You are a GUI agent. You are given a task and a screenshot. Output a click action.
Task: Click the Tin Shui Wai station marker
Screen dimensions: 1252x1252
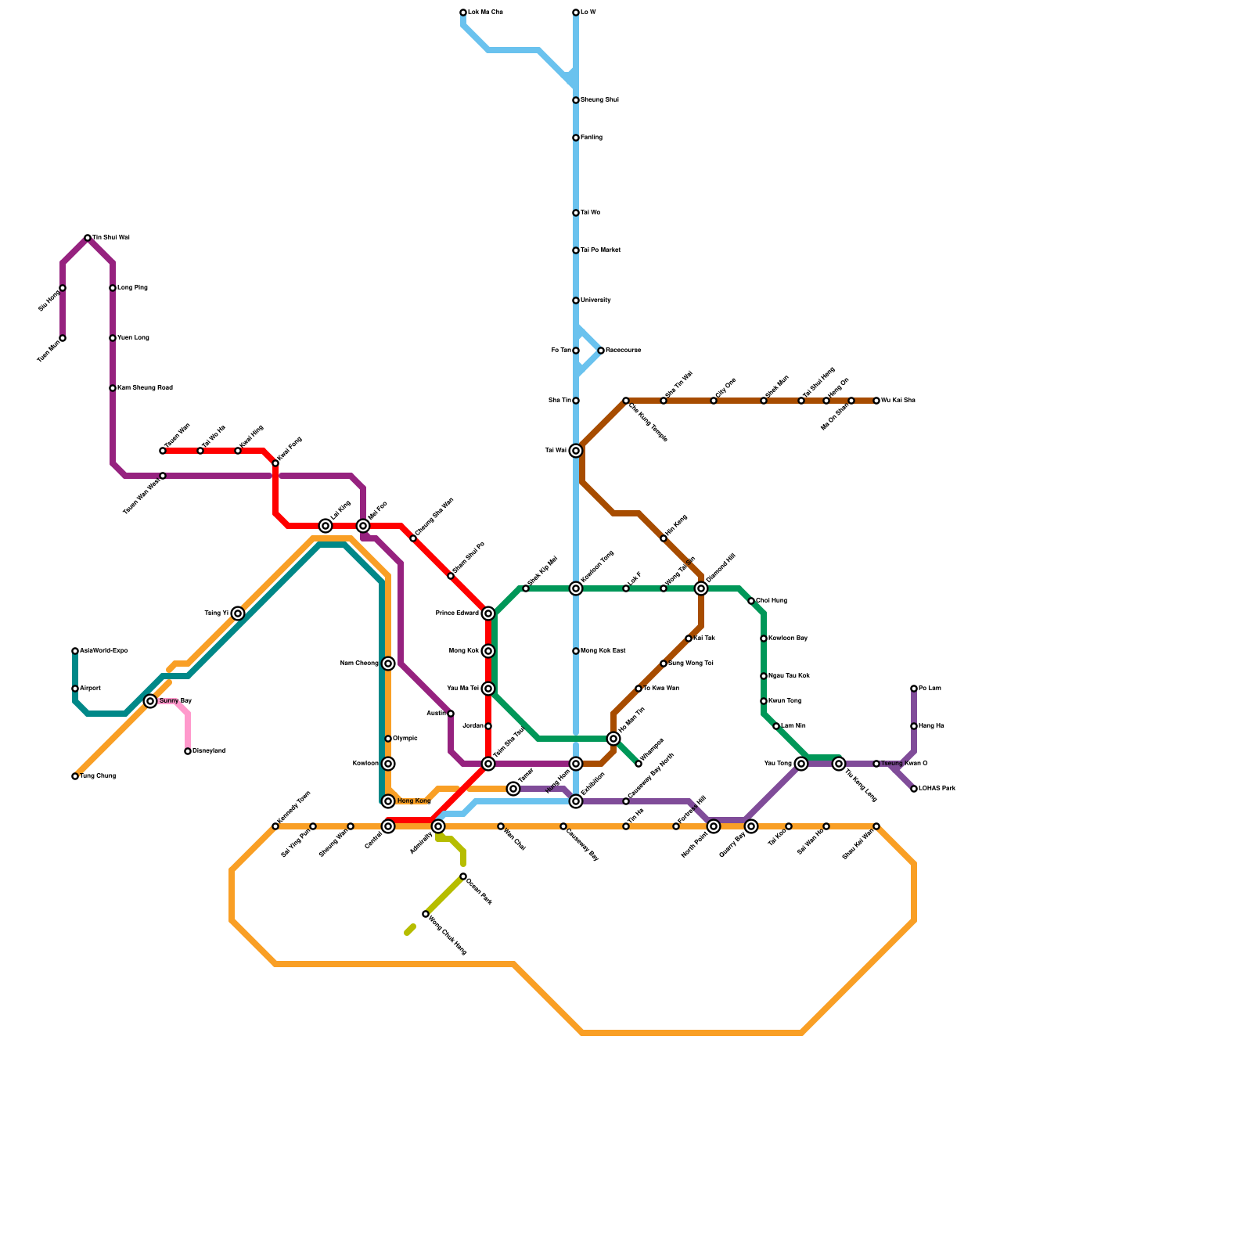(x=88, y=238)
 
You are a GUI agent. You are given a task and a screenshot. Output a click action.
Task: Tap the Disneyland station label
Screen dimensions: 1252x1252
(x=209, y=751)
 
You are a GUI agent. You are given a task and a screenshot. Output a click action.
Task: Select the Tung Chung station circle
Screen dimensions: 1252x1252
(x=75, y=776)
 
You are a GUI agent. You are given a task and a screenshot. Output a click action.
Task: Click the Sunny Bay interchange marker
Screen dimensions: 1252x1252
(x=150, y=701)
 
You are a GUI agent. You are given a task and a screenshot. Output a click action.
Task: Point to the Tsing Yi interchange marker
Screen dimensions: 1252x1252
(x=238, y=613)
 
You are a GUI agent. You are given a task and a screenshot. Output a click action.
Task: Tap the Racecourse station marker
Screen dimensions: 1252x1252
(x=601, y=351)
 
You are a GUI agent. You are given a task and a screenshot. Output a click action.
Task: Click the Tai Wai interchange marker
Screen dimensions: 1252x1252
(x=576, y=451)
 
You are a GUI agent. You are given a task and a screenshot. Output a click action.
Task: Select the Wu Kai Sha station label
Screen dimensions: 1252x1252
(x=898, y=401)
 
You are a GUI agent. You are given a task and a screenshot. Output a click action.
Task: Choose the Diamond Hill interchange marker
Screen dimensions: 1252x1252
(x=701, y=588)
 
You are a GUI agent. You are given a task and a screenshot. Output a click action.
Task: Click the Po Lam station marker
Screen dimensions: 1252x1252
(x=914, y=689)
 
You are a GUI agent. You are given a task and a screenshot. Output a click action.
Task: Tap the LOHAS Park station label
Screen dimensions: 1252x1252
(x=937, y=789)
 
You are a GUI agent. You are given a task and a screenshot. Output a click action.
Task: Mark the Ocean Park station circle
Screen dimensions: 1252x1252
(x=463, y=876)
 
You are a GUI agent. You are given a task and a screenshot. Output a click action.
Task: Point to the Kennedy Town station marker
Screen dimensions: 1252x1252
(x=275, y=826)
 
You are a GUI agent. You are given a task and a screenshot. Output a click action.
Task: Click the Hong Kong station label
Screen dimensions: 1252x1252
(x=414, y=801)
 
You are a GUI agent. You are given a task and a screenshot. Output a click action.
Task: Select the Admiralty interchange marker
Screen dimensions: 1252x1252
(x=438, y=826)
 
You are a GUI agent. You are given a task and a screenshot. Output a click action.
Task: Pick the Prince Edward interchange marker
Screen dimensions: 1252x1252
(x=488, y=613)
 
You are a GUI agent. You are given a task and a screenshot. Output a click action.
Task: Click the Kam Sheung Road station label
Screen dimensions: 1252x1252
(x=145, y=388)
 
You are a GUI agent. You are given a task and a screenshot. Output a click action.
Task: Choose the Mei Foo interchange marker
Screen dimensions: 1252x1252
(x=363, y=526)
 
